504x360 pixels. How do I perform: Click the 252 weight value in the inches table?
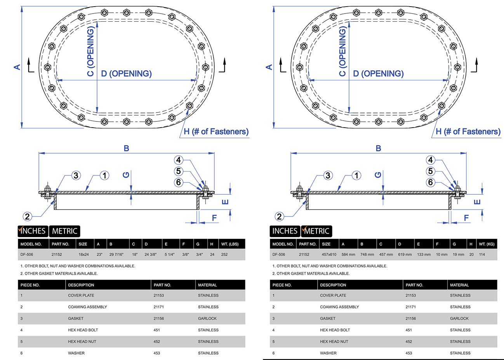(x=224, y=255)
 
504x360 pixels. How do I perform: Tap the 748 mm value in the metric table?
(x=367, y=255)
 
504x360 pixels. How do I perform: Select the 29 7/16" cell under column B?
(x=116, y=255)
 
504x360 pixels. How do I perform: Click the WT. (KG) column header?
(x=487, y=244)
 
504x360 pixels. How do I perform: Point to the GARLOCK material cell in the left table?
(x=207, y=318)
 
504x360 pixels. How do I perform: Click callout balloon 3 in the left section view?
(x=76, y=175)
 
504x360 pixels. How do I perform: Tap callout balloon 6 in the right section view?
(x=430, y=182)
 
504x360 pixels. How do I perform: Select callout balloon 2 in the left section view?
(x=27, y=216)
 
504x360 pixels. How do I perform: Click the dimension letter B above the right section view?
(x=378, y=148)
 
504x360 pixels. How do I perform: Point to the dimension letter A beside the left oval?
(x=17, y=67)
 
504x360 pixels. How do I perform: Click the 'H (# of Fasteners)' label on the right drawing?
(x=468, y=132)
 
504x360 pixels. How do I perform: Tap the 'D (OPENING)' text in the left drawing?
(x=126, y=74)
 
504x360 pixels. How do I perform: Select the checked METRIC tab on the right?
(x=316, y=231)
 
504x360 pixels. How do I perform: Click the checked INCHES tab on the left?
(x=33, y=231)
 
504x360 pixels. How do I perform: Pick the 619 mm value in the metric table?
(x=405, y=255)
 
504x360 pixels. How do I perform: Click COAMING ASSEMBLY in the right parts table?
(x=339, y=307)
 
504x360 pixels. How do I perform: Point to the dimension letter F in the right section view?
(x=466, y=218)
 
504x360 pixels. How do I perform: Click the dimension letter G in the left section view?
(x=126, y=175)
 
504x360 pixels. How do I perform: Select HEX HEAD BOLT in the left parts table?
(x=83, y=330)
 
